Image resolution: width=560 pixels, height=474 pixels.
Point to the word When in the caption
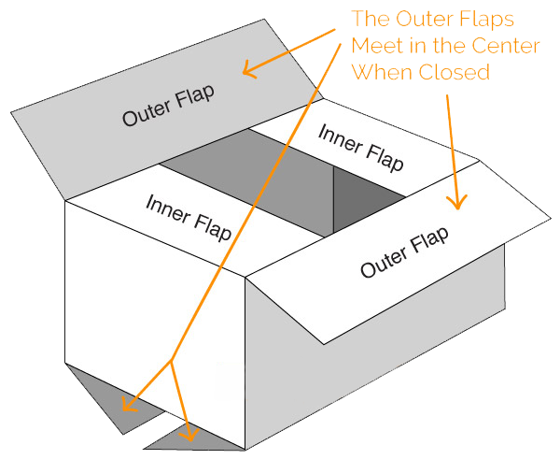[x=382, y=72]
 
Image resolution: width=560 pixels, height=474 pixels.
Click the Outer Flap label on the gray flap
[x=168, y=105]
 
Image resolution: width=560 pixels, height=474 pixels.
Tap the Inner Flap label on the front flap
[x=189, y=216]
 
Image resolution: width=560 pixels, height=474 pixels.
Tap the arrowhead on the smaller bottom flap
[x=190, y=433]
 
